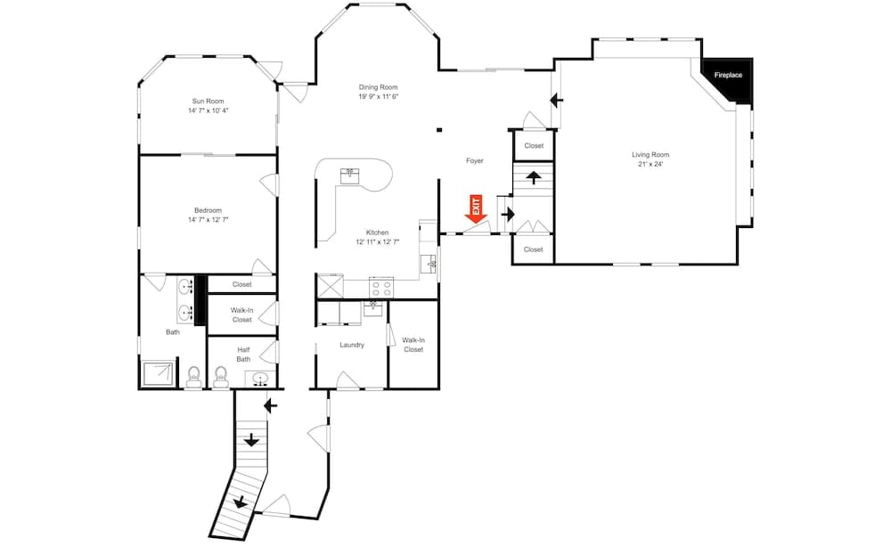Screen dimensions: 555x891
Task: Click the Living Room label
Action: pos(650,154)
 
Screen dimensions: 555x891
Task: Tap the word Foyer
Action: pos(475,161)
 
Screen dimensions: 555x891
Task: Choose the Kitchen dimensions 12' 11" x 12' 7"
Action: pos(377,242)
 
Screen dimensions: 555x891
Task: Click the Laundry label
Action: pos(352,345)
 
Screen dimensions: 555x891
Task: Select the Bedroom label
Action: pos(208,210)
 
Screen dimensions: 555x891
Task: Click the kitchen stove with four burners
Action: pos(382,288)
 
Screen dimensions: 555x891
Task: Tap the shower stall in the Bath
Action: pos(159,374)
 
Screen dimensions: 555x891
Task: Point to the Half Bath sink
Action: pos(260,379)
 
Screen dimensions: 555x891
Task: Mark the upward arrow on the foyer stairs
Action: pos(534,175)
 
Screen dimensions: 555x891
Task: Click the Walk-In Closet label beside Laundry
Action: pos(413,344)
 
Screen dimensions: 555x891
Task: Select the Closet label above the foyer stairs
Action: pos(534,145)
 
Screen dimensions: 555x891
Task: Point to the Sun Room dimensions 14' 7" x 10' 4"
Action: pos(208,110)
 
